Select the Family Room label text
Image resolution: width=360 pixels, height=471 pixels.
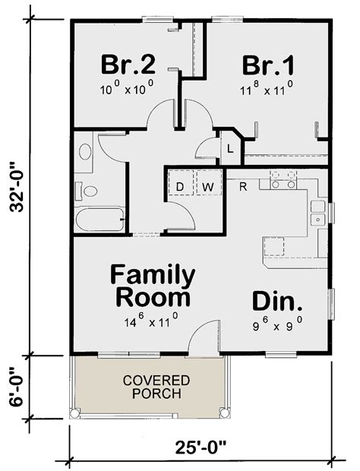(x=153, y=285)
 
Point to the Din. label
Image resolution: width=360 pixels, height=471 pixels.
(x=278, y=302)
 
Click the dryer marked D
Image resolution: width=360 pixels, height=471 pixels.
(x=181, y=185)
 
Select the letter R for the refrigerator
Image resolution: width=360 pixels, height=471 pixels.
(x=242, y=185)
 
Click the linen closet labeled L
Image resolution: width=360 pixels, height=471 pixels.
(x=230, y=148)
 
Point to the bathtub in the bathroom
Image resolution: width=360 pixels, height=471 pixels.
(x=99, y=221)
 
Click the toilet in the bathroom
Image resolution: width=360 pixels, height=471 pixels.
(x=87, y=191)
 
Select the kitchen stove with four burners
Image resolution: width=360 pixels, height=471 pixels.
(x=283, y=179)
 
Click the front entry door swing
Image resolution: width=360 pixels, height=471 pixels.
(x=202, y=338)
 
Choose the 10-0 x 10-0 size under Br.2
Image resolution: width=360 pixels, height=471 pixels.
(x=126, y=88)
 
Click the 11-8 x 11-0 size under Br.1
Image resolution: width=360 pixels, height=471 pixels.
(x=267, y=88)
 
